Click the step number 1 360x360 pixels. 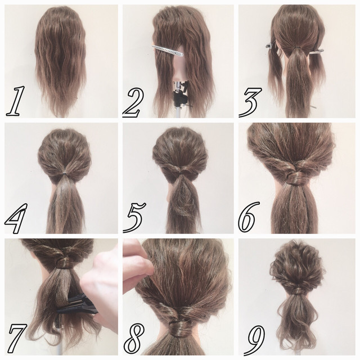(x=15, y=101)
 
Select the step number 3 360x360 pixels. (x=250, y=102)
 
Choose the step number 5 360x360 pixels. (x=135, y=217)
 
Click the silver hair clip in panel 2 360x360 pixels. (x=168, y=51)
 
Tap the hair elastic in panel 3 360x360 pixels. (x=298, y=47)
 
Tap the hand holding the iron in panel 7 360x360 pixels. (x=101, y=287)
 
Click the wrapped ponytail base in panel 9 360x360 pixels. (x=298, y=291)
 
